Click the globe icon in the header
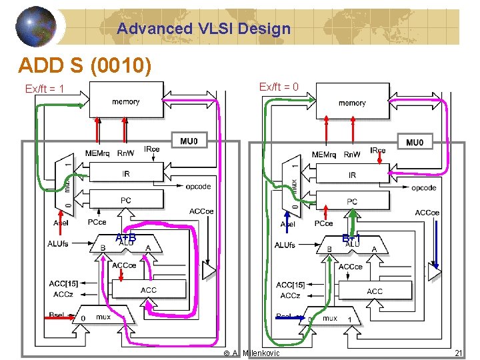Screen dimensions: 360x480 [36, 27]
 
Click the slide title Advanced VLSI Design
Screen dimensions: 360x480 [203, 29]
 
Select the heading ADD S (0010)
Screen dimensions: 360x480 [85, 65]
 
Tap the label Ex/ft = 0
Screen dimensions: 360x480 [278, 87]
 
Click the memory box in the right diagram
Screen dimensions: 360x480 [351, 102]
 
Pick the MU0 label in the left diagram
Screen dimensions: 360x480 [193, 141]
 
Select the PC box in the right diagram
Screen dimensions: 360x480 [351, 201]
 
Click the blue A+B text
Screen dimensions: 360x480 [125, 238]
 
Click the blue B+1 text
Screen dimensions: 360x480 [351, 238]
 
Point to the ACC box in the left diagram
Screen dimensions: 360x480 [148, 289]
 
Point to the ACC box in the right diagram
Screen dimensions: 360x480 [374, 291]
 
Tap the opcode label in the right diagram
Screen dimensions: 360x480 [423, 188]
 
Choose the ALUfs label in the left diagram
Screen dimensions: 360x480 [58, 244]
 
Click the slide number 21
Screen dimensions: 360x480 [458, 353]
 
